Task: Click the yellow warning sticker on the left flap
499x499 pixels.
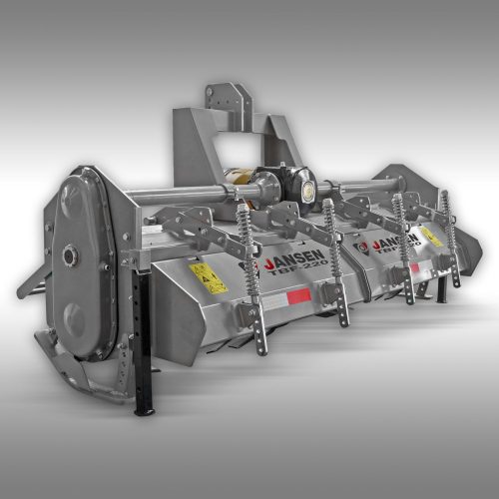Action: [x=208, y=276]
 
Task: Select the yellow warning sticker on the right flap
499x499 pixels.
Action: [x=431, y=237]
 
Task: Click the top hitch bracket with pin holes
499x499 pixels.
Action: [x=226, y=97]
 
